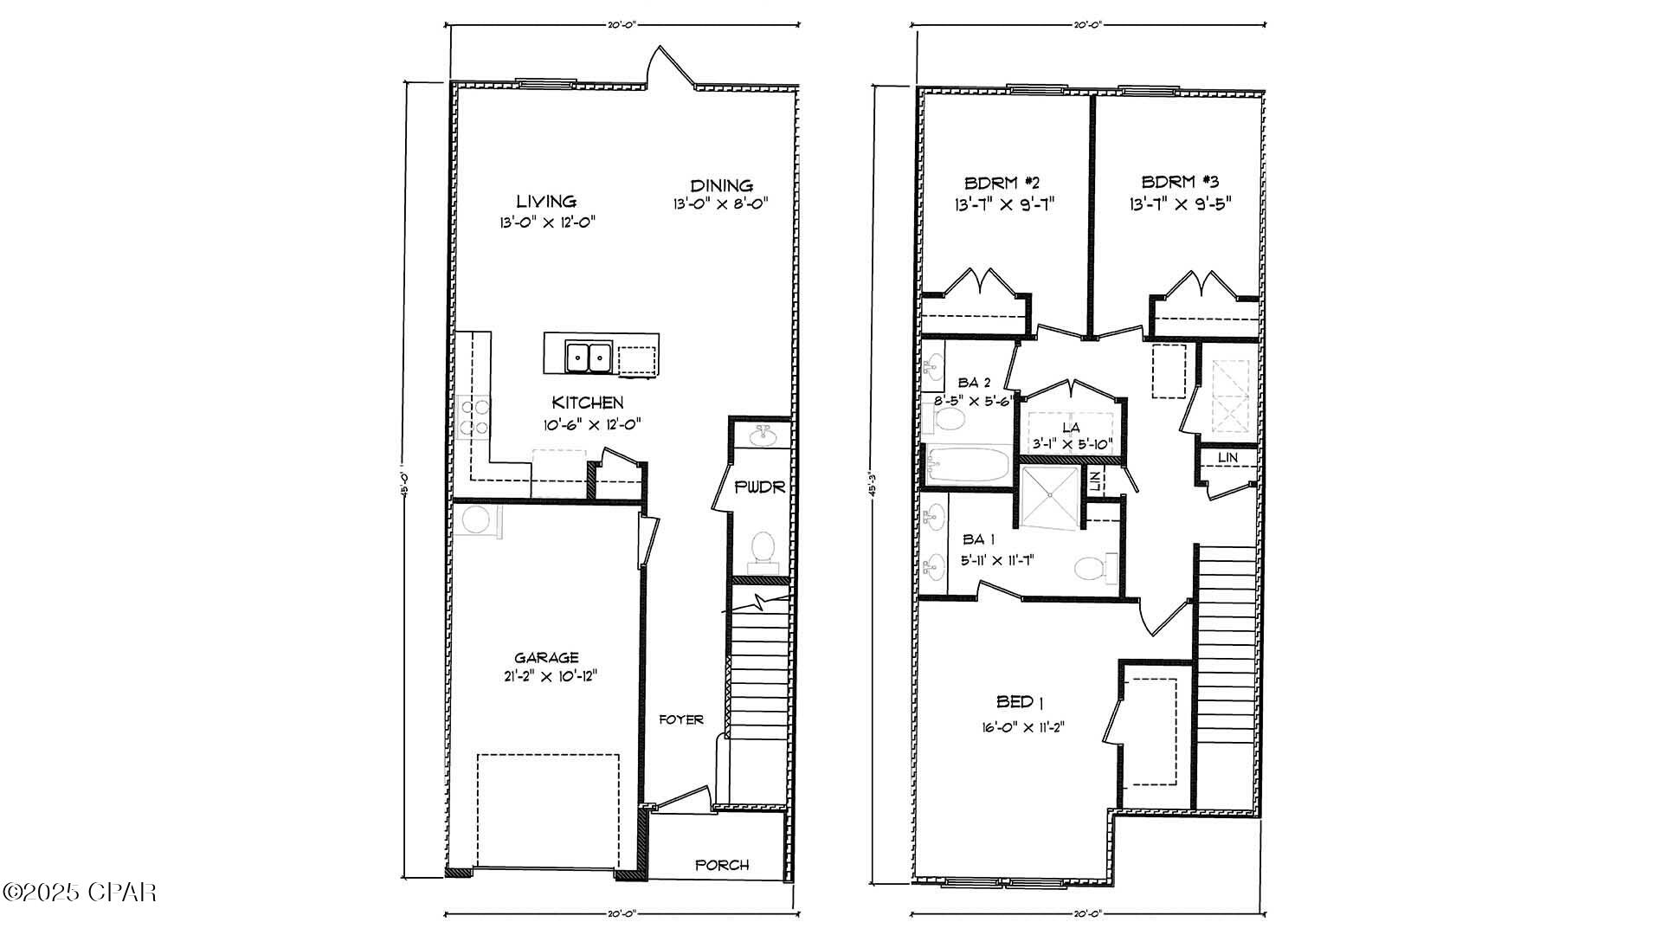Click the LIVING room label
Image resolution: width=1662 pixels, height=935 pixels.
[546, 201]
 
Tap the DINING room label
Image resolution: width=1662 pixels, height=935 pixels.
[721, 185]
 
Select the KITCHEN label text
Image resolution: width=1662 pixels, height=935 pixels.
[588, 403]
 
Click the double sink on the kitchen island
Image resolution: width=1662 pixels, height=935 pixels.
[589, 357]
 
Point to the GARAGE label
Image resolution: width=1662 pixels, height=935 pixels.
[546, 658]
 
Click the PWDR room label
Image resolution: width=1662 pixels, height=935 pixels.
[759, 487]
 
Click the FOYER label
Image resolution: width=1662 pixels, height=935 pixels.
[681, 719]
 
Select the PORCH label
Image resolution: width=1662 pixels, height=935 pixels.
[722, 865]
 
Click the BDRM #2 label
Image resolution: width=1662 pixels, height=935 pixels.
[1002, 183]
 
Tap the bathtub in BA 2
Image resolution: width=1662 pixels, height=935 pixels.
[968, 466]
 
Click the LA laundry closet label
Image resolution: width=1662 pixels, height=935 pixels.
[1071, 428]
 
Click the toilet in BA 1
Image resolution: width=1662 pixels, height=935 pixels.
[1091, 569]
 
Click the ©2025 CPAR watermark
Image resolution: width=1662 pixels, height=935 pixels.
[80, 892]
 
